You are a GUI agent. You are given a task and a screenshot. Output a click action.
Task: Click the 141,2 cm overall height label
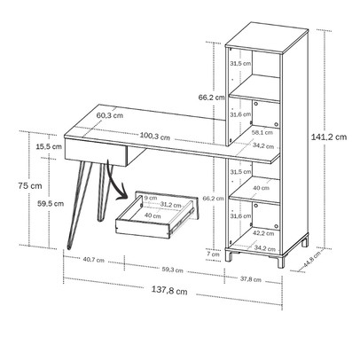(329, 137)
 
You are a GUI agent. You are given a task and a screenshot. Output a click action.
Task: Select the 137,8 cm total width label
(169, 290)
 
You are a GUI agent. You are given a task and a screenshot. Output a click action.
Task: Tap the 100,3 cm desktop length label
(155, 137)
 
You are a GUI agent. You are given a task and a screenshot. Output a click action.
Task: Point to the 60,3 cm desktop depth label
(110, 115)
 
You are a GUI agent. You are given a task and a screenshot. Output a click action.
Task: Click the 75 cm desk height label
(30, 186)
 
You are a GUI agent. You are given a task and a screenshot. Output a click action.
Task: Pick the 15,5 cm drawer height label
(49, 146)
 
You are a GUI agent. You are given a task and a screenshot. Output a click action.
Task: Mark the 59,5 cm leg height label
(51, 203)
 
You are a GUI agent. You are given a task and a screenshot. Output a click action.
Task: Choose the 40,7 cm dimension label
(93, 260)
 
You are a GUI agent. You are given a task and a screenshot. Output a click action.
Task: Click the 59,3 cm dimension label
(173, 270)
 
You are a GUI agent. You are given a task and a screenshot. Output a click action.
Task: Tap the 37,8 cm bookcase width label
(251, 279)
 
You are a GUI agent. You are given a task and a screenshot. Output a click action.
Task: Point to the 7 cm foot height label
(213, 254)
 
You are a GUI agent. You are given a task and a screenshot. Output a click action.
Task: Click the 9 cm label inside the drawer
(151, 198)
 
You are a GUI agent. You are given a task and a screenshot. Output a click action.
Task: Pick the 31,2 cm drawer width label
(170, 205)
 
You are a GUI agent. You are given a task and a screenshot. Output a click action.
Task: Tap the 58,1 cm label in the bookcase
(262, 132)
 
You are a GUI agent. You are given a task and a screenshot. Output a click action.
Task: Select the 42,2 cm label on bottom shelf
(263, 233)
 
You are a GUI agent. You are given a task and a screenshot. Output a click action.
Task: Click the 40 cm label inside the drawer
(153, 215)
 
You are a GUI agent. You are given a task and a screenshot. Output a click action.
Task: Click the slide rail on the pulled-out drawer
(181, 219)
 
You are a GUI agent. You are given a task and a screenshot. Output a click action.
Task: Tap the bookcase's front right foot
(280, 261)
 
